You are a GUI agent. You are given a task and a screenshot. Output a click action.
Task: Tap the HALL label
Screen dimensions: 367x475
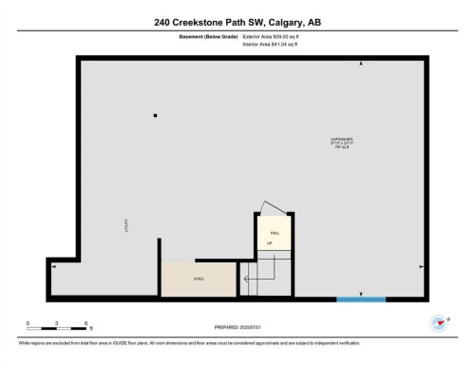point(274,232)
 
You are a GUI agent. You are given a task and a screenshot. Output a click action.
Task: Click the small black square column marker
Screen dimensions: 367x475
point(155,116)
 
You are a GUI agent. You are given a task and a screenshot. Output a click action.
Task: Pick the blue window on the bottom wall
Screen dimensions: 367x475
point(361,299)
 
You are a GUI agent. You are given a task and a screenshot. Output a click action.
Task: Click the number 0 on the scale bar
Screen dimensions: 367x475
point(28,323)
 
